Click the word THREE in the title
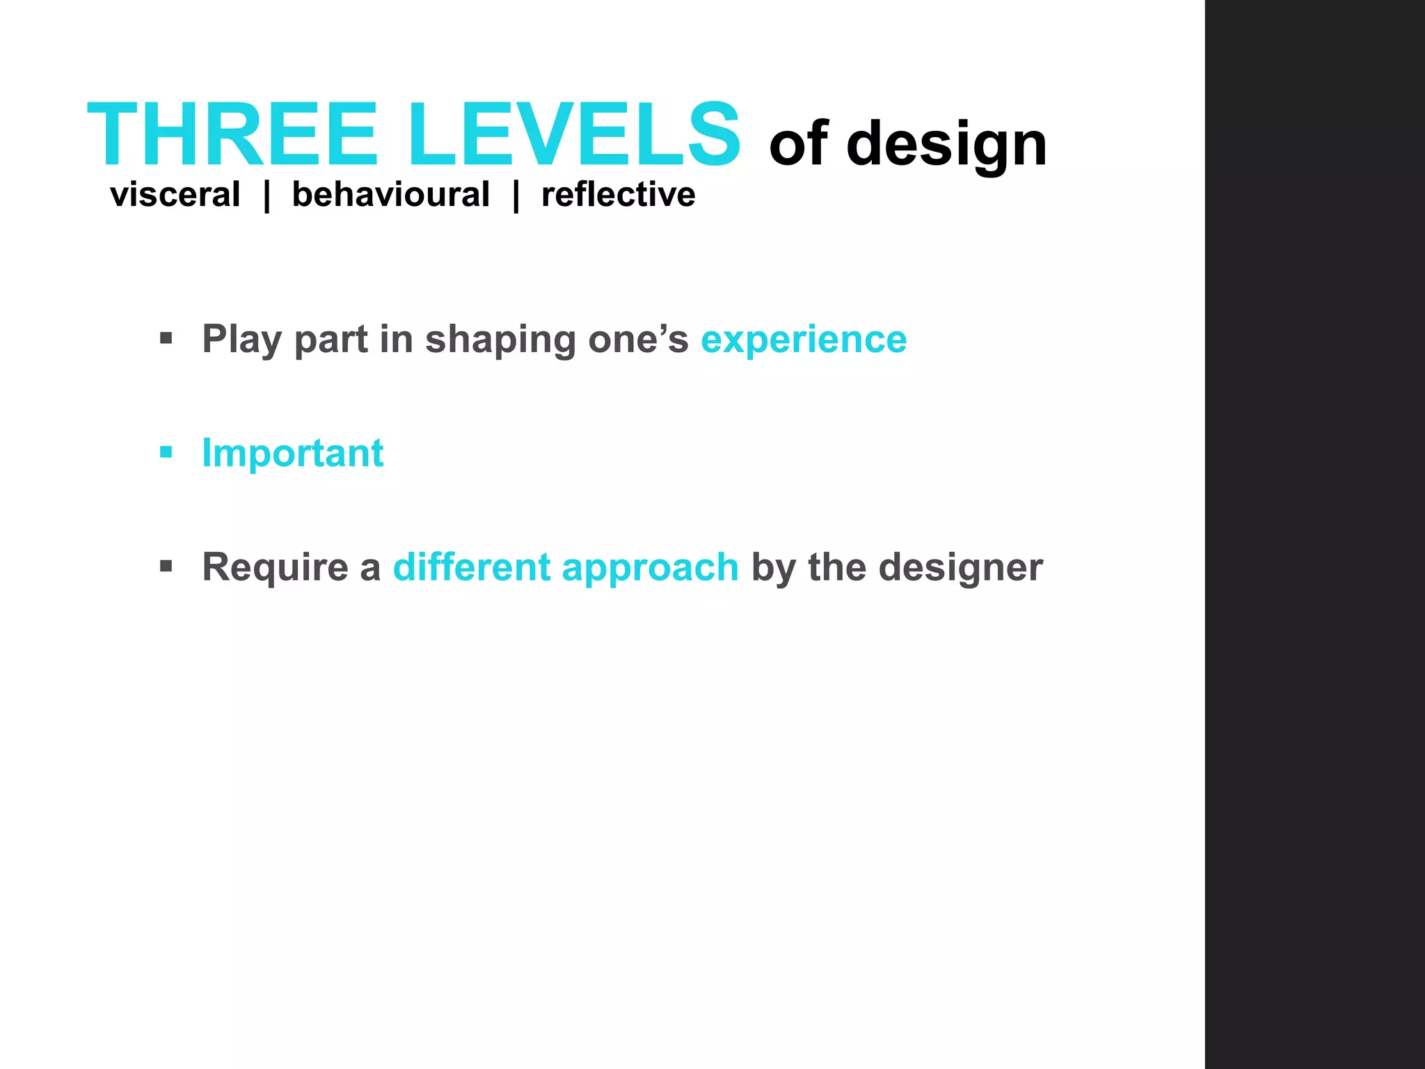pos(232,135)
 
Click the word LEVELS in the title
pos(575,135)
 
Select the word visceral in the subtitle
pos(175,195)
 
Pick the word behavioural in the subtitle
pos(390,195)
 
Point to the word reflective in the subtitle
pos(618,195)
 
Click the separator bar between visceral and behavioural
pos(266,196)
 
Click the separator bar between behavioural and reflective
pos(516,196)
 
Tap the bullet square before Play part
pos(166,339)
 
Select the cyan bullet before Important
pos(166,453)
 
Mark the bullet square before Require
pos(166,567)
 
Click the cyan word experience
pos(804,340)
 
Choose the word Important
pos(292,454)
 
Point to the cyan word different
pos(472,567)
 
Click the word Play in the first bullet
pos(242,340)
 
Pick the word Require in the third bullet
pos(275,568)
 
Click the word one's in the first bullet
pos(638,340)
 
